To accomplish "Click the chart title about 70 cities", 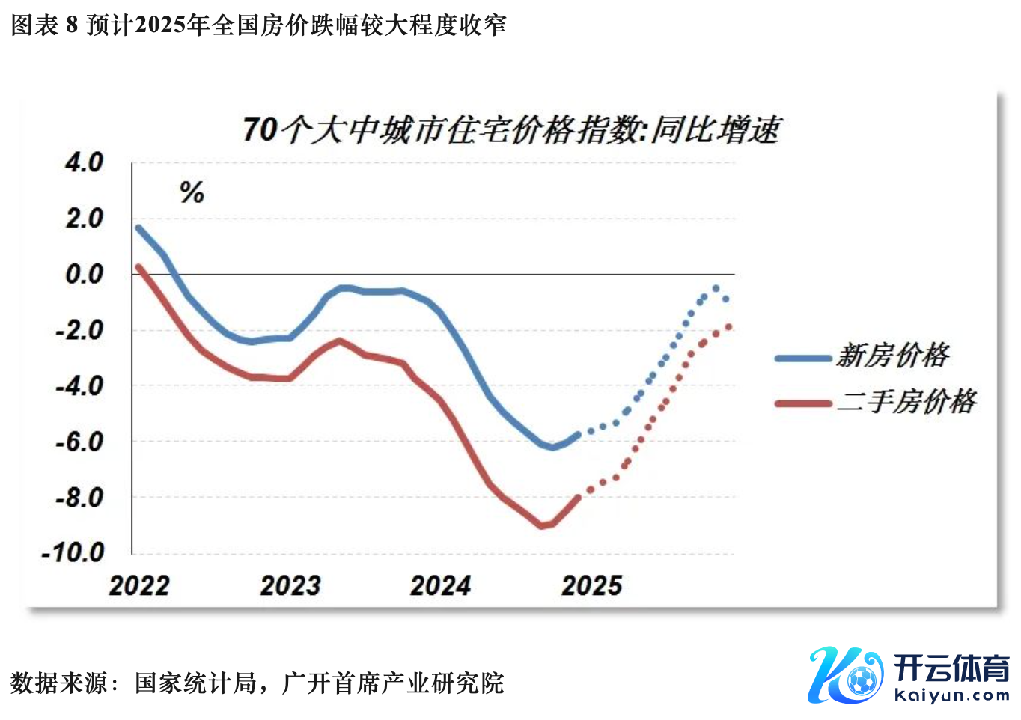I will point(511,129).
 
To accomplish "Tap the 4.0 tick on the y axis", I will point(84,162).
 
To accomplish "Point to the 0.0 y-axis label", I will point(84,274).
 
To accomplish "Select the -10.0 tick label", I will point(73,553).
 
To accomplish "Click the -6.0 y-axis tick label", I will point(79,442).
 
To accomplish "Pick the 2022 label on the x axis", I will point(139,585).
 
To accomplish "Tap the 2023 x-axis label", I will point(290,585).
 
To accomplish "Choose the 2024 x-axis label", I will point(441,585).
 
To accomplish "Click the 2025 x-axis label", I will point(592,585).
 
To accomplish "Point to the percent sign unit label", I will point(192,193).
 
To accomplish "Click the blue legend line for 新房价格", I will point(803,359).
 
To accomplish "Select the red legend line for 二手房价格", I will point(803,404).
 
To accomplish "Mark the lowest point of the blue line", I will point(552,448).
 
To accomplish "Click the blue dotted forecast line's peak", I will point(716,288).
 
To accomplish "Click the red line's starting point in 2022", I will point(138,266).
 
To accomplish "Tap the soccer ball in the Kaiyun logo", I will point(862,681).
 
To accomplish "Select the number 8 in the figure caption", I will point(72,25).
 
